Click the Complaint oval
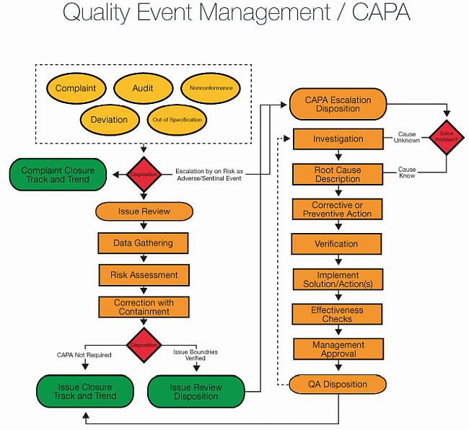pyautogui.click(x=76, y=89)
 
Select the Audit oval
pyautogui.click(x=143, y=89)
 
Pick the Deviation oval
pyautogui.click(x=110, y=119)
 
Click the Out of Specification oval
pyautogui.click(x=177, y=119)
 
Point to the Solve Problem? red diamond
pyautogui.click(x=446, y=137)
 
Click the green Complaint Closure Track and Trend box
pyautogui.click(x=57, y=175)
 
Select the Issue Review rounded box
pyautogui.click(x=144, y=211)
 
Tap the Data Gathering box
pyautogui.click(x=143, y=243)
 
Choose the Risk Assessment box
pyautogui.click(x=144, y=275)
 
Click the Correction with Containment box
pyautogui.click(x=143, y=307)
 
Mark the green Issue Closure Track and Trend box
pyautogui.click(x=86, y=392)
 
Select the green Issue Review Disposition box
pyautogui.click(x=196, y=392)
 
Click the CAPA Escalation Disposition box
pyautogui.click(x=338, y=104)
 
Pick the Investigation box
pyautogui.click(x=338, y=139)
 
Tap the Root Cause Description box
pyautogui.click(x=338, y=175)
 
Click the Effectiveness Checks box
pyautogui.click(x=338, y=314)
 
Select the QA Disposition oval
pyautogui.click(x=338, y=384)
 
